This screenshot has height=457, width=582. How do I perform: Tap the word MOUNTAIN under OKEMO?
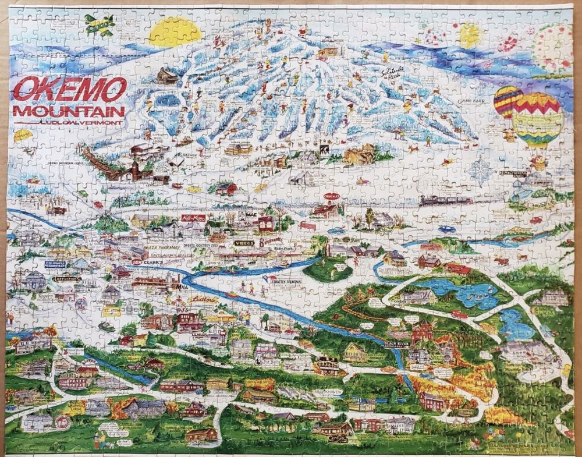coord(69,111)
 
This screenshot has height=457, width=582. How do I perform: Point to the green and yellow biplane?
coord(99,24)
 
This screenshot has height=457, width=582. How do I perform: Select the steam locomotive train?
coord(445,200)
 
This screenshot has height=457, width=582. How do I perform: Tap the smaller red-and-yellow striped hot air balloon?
coord(507,102)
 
